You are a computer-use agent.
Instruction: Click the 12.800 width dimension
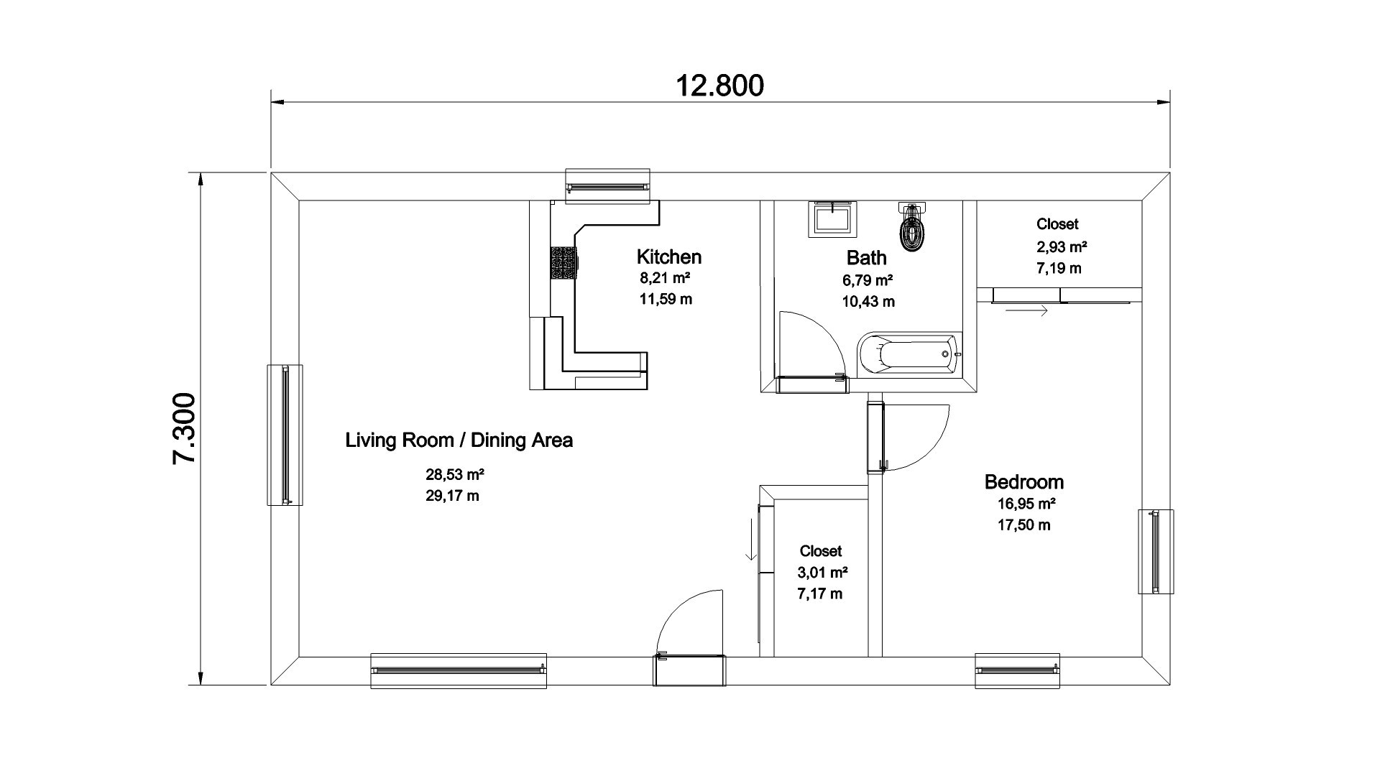coord(719,86)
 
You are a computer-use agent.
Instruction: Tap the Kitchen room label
coord(668,257)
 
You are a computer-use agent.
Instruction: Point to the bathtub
coord(910,354)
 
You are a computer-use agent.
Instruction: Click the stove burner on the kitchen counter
coord(564,263)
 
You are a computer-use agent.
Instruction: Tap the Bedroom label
coord(1023,481)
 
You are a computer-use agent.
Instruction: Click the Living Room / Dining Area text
coord(459,440)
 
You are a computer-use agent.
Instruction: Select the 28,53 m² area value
coord(454,474)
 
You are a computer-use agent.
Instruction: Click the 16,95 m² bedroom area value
coord(1026,503)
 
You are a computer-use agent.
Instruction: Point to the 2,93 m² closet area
coord(1061,247)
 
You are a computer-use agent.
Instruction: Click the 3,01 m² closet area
coord(822,573)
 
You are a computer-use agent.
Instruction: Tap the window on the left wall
coord(285,435)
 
